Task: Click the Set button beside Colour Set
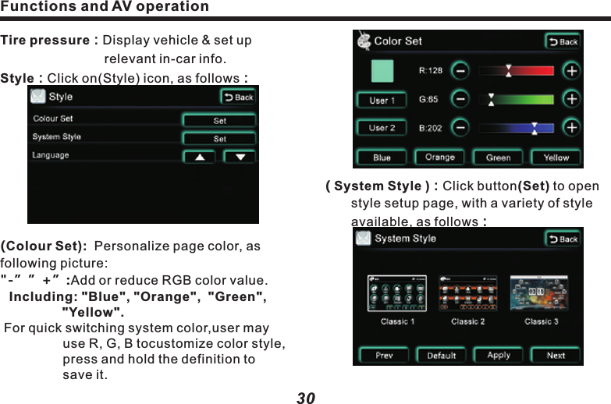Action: [219, 121]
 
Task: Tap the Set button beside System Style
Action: [219, 139]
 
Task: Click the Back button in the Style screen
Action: [239, 97]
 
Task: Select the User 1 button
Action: [382, 101]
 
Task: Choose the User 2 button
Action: [382, 128]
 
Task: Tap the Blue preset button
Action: [382, 157]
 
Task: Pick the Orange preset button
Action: [440, 157]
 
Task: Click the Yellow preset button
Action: [556, 157]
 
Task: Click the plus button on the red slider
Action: [571, 71]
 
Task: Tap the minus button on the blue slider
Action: [461, 128]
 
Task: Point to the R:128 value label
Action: [431, 71]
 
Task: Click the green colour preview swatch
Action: [382, 71]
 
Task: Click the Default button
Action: [441, 356]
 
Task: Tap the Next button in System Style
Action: [556, 356]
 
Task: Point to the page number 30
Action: [306, 398]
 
